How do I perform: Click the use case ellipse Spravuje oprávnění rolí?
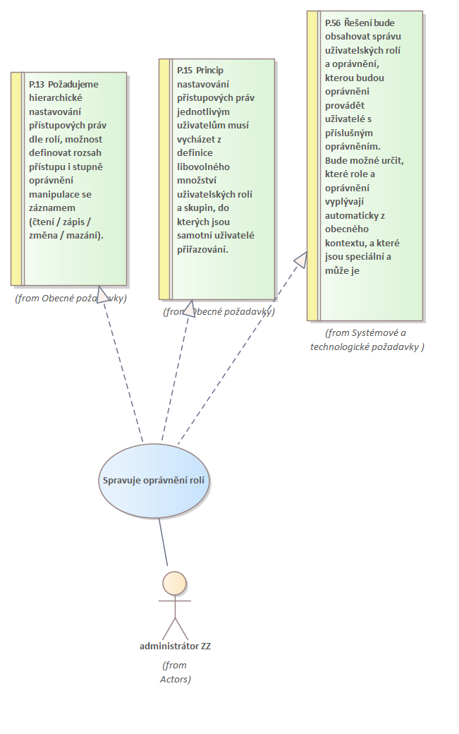[154, 481]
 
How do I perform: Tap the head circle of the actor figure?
[174, 583]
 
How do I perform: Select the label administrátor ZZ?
[175, 646]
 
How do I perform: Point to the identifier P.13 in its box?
[37, 84]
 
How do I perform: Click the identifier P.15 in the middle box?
[185, 70]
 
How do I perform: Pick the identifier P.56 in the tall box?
[333, 23]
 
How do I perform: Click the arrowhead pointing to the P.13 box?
[104, 294]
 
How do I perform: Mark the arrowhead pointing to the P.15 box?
[188, 308]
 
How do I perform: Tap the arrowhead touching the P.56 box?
[301, 259]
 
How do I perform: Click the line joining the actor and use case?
[164, 542]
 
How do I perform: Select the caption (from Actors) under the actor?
[175, 672]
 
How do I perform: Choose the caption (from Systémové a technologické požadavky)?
[367, 339]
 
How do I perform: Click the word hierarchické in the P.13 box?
[54, 97]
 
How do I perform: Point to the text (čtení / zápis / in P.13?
[61, 222]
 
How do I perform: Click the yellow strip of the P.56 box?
[312, 166]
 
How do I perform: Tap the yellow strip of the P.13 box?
[16, 179]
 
